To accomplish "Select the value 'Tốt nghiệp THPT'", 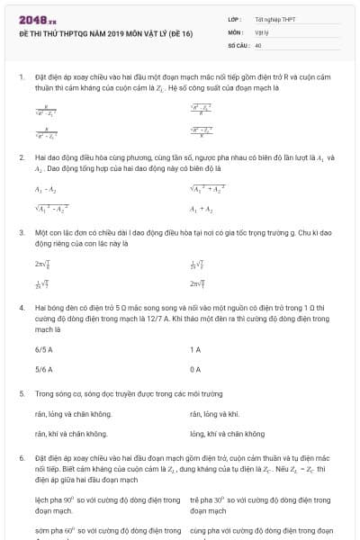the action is [x=274, y=19].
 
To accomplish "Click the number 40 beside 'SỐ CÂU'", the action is [x=258, y=44].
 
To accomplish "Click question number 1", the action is [x=21, y=77].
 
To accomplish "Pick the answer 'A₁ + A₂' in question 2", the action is [x=201, y=209].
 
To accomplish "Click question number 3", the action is [x=21, y=232].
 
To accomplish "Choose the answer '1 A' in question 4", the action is [x=195, y=348].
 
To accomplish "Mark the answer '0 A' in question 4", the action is [x=195, y=369].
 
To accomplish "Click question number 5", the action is [x=21, y=393].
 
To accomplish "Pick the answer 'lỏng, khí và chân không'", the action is [x=228, y=433].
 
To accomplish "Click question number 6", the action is [x=21, y=457].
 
